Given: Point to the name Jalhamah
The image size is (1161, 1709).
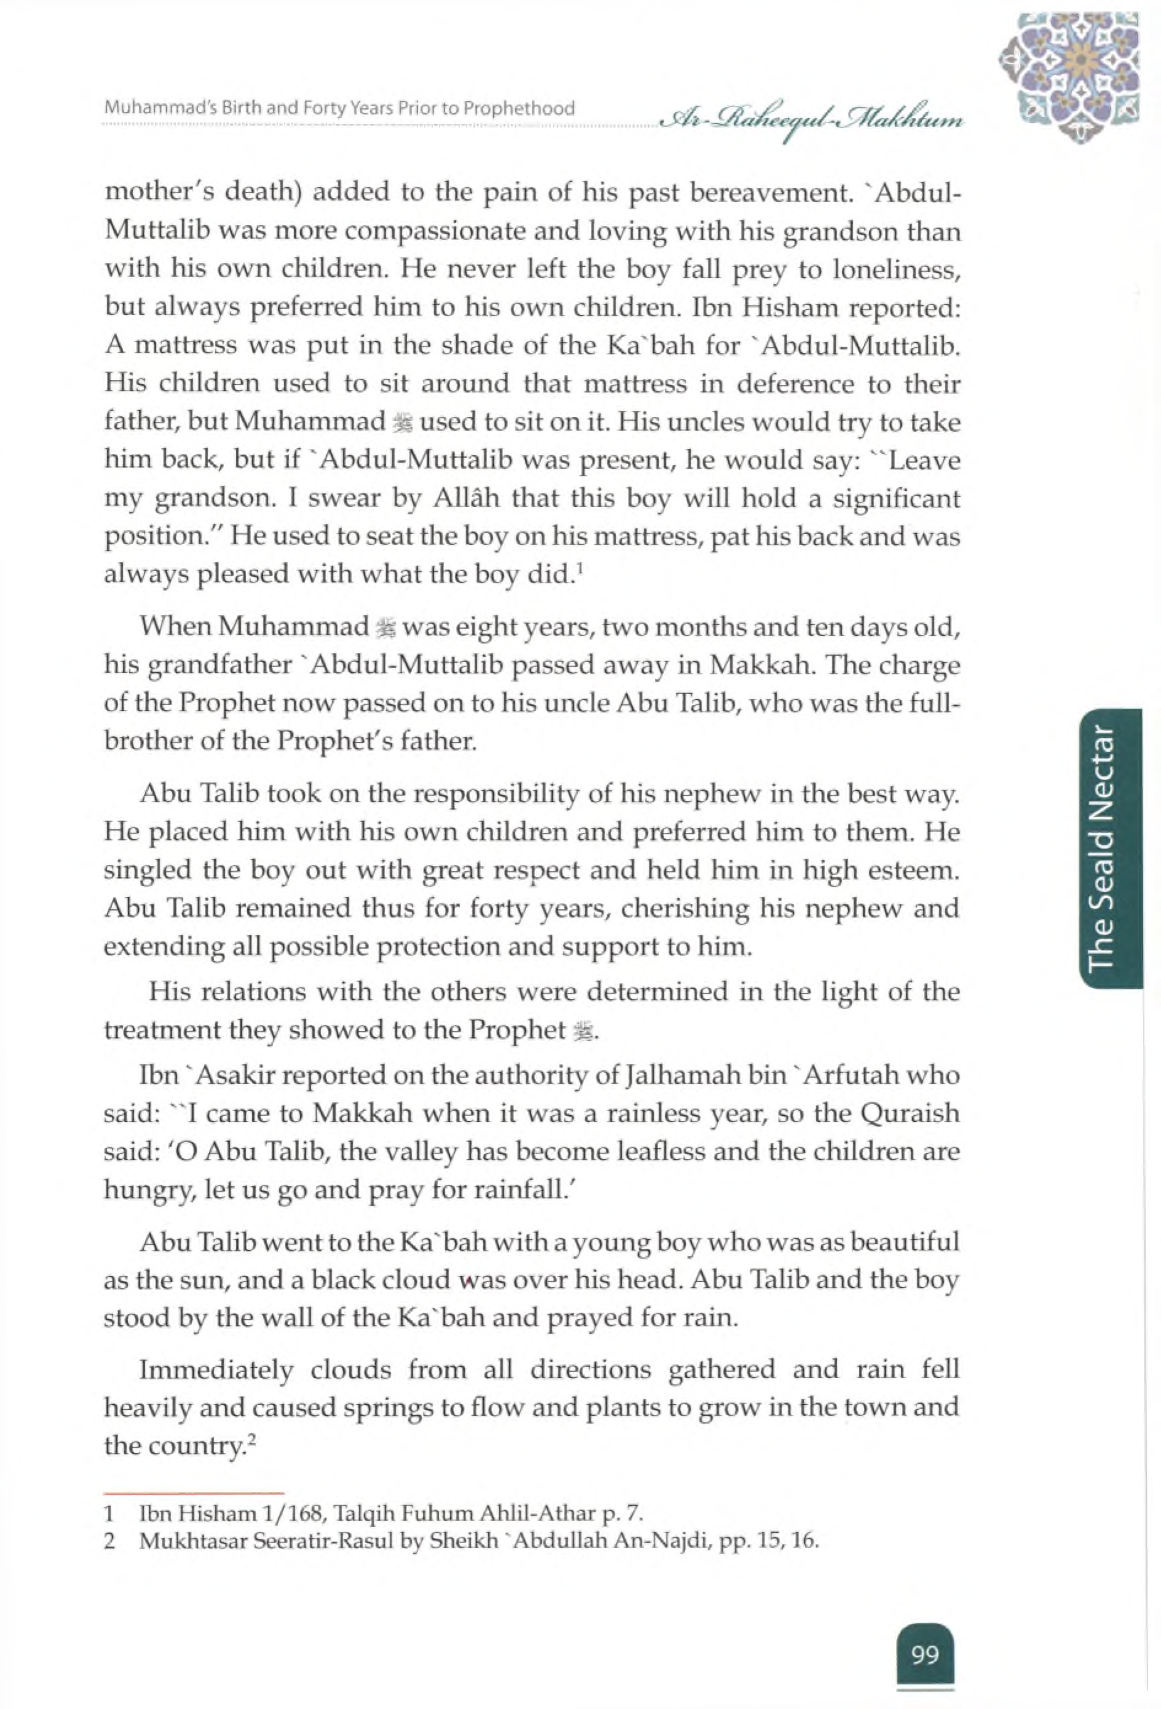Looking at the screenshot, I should click(x=670, y=1076).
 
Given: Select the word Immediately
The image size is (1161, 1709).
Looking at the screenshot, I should click(x=216, y=1369).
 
